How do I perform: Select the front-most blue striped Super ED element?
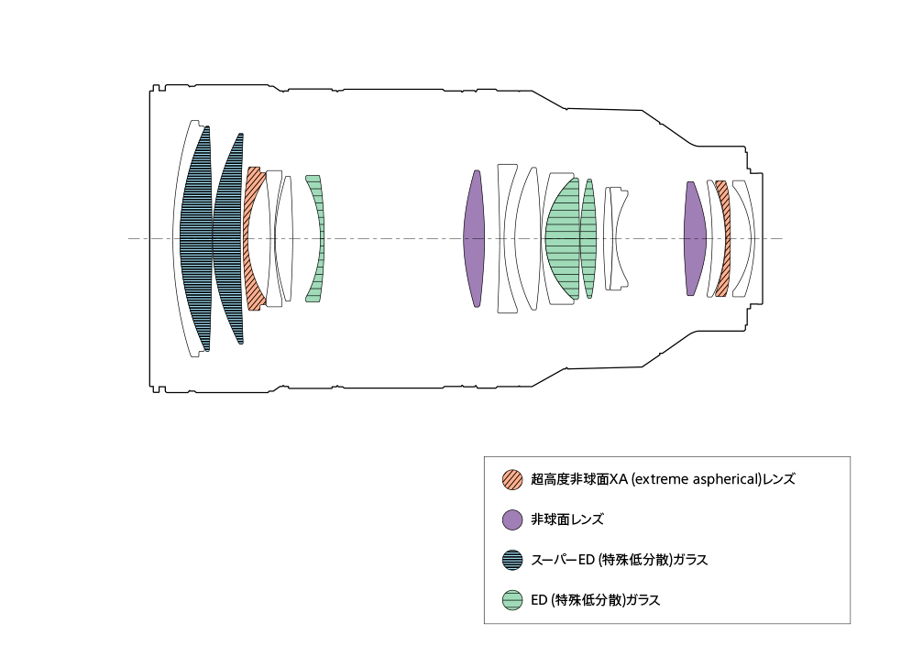195,238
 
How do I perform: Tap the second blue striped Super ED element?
229,238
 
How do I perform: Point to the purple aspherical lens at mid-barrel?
474,238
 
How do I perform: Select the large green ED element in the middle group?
562,238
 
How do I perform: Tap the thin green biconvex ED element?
588,238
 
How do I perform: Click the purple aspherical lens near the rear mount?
695,238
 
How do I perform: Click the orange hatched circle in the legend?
512,479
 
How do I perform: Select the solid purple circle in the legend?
512,519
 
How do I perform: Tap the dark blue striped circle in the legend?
512,560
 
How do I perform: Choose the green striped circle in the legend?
512,600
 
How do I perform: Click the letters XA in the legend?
620,479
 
